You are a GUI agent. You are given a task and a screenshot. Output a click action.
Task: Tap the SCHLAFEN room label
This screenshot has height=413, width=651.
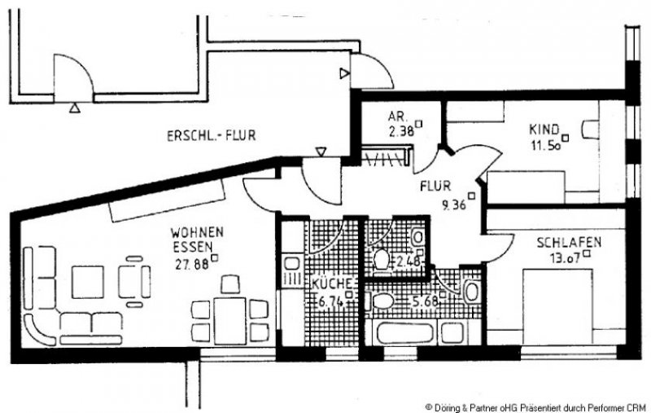coord(568,243)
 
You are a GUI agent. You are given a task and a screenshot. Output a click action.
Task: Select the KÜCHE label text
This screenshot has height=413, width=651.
coord(330,283)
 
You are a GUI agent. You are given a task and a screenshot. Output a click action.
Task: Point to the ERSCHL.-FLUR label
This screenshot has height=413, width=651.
coord(211,136)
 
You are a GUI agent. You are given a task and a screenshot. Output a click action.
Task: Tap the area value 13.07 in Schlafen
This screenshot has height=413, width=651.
coord(561,260)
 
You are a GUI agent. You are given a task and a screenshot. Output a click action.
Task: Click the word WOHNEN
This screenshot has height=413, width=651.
coord(198,231)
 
